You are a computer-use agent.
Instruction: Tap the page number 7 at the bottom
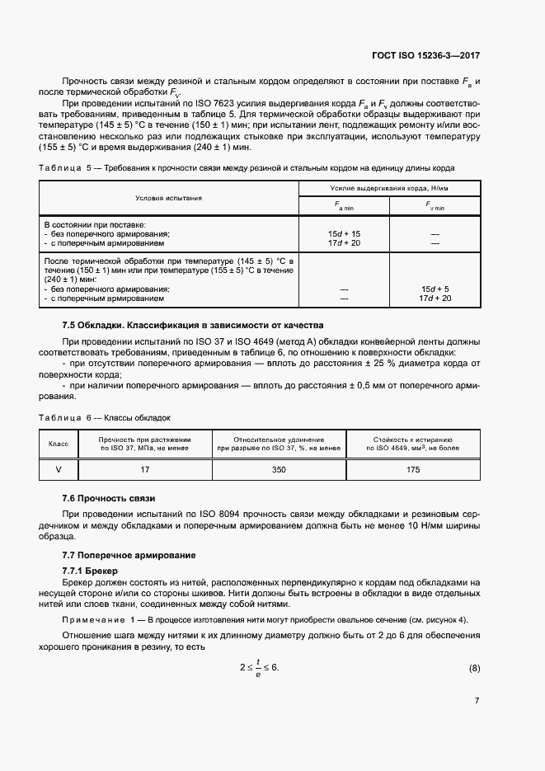point(477,700)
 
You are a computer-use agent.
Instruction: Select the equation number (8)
point(473,666)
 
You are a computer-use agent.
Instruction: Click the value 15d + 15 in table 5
point(344,234)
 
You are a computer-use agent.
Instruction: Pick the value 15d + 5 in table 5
point(435,289)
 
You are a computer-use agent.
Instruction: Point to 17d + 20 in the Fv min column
point(435,298)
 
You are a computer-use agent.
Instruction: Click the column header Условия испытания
point(169,199)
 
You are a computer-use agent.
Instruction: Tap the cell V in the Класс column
point(59,469)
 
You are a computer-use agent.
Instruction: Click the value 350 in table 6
point(279,469)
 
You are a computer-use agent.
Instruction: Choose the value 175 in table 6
point(413,469)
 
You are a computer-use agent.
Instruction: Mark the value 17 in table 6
point(145,469)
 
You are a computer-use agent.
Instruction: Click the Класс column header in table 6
point(59,444)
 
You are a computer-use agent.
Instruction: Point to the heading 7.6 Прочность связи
point(109,499)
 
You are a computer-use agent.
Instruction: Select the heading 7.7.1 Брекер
point(91,571)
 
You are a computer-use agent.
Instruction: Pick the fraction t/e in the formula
point(258,666)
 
